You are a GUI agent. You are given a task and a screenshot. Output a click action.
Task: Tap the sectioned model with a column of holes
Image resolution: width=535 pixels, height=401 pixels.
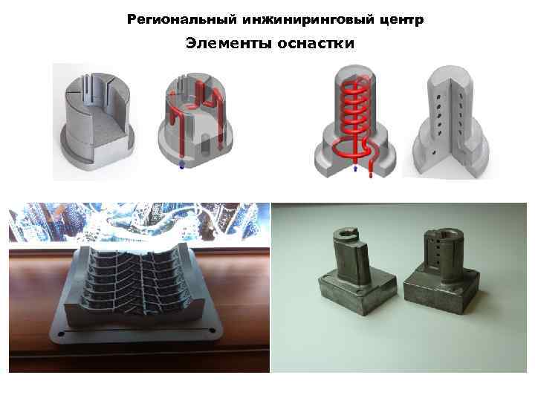point(450,123)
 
